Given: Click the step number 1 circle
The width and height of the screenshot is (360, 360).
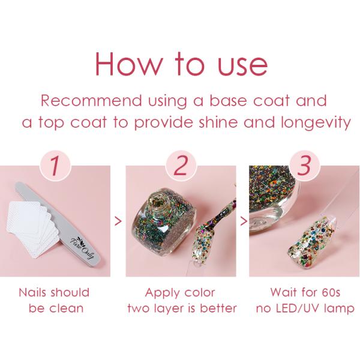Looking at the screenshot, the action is (x=55, y=166).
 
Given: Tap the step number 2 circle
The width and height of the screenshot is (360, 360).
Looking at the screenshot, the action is (x=181, y=166).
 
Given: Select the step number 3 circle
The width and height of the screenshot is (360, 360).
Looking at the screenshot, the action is (x=304, y=166).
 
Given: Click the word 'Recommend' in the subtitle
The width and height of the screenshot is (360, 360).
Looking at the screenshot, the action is (x=91, y=101).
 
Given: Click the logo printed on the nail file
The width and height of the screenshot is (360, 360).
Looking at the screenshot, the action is (x=82, y=248).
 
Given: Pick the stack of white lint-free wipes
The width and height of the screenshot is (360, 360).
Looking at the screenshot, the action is (x=32, y=230).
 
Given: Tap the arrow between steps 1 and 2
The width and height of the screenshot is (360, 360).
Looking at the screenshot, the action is (x=118, y=221).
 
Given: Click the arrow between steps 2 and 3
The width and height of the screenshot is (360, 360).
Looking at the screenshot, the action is (x=244, y=221).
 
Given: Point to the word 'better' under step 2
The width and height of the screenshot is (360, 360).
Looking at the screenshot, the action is (x=218, y=308).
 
